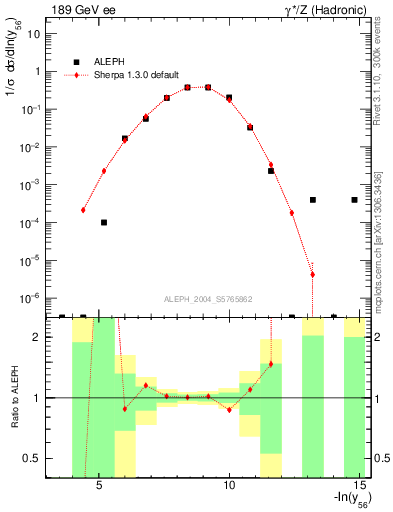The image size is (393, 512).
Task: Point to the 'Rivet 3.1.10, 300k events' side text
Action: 383,74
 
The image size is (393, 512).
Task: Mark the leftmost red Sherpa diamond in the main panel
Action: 83,210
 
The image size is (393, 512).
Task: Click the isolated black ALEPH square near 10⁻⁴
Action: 104,222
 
